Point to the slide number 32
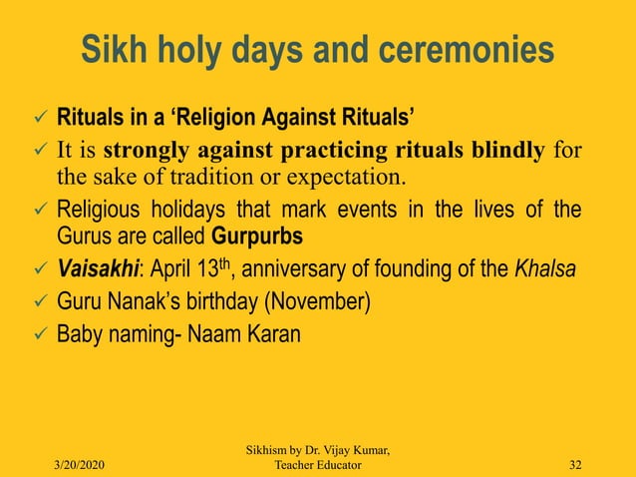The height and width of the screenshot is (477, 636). click(576, 465)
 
